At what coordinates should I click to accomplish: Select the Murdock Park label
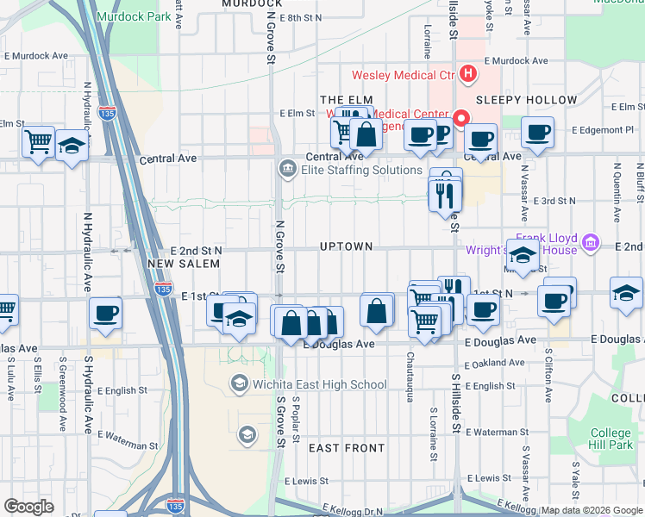tap(134, 16)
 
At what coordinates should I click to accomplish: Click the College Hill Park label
tap(611, 439)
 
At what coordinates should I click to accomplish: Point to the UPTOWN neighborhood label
tap(346, 246)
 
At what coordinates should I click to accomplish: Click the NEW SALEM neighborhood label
tap(178, 264)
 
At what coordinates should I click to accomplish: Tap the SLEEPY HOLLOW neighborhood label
tap(526, 100)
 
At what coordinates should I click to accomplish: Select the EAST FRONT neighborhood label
tap(347, 448)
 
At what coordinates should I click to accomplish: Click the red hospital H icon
tap(468, 73)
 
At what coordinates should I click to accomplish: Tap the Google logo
tap(28, 506)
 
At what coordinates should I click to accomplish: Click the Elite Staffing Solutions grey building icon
tap(285, 169)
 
